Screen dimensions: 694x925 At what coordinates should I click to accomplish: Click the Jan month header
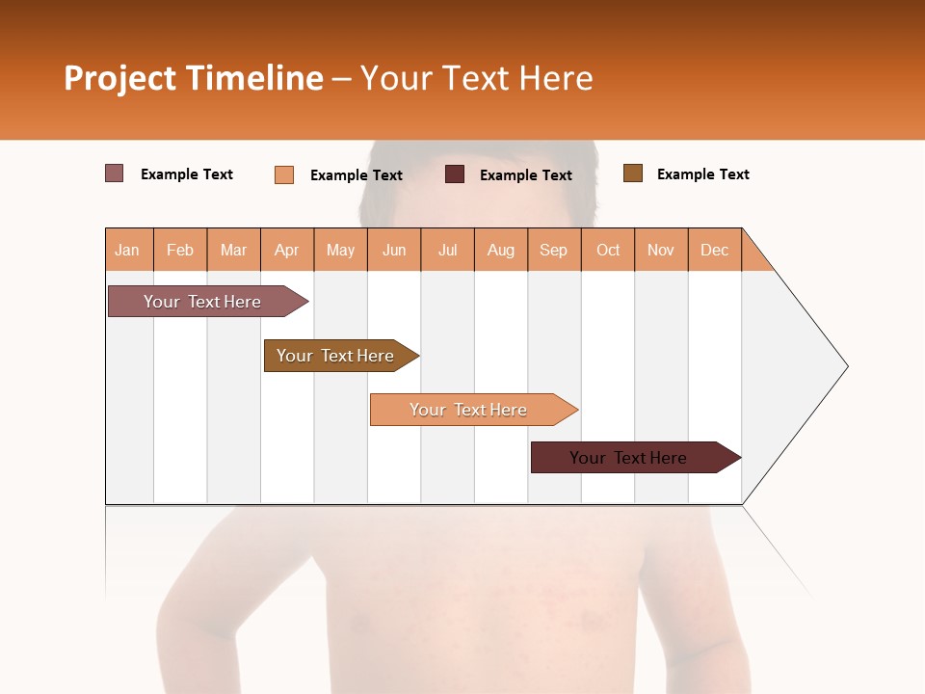[128, 250]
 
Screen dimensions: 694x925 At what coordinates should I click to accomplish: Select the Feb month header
[180, 250]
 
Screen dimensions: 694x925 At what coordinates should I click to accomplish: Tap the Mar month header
[233, 250]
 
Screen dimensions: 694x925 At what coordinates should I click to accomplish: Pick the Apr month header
[287, 250]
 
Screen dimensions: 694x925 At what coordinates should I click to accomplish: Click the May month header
[340, 250]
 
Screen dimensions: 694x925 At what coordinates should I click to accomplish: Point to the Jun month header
[394, 250]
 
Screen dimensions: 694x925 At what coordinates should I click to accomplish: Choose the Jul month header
[447, 250]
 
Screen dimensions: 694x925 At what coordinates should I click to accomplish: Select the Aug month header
[501, 250]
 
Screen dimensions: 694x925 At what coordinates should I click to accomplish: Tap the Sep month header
[554, 250]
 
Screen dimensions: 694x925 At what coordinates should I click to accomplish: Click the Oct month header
[608, 250]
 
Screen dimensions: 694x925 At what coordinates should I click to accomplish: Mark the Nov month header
[661, 250]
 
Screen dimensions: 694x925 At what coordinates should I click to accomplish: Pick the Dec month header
[715, 250]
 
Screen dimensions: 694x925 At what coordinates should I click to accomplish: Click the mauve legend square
[115, 173]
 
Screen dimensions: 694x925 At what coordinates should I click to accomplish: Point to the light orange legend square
[284, 174]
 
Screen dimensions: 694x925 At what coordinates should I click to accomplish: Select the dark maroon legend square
[455, 174]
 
